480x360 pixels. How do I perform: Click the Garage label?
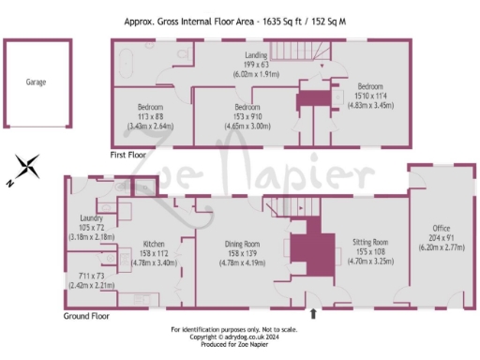36,82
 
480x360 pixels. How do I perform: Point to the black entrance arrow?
313,315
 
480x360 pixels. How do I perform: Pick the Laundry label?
91,217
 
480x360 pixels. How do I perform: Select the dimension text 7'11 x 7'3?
90,276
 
